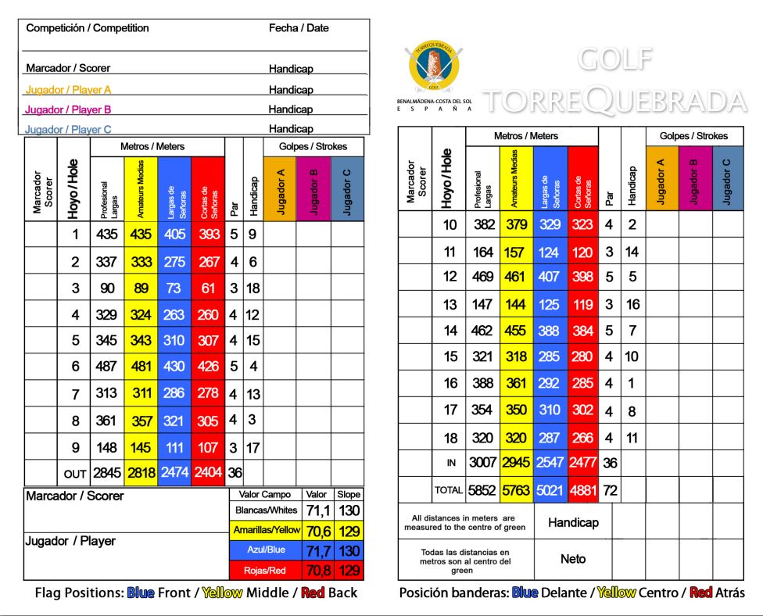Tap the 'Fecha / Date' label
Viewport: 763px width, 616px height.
299,28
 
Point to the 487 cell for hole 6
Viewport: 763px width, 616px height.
107,366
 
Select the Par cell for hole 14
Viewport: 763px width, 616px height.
609,330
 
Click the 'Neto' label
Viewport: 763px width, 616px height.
573,560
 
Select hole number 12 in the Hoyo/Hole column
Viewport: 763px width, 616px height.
449,277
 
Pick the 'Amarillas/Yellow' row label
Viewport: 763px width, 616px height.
267,531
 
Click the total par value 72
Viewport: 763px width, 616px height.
609,490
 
